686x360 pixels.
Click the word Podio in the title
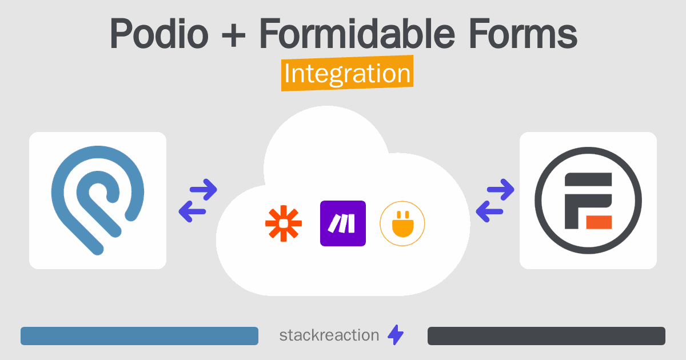coord(159,33)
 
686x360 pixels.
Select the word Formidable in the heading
coord(357,33)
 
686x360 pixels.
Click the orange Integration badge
coord(348,73)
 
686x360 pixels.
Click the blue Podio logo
coord(98,200)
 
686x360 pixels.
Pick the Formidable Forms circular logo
coord(588,201)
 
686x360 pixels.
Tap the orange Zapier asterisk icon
coord(284,223)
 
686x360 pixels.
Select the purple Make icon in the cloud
coord(343,223)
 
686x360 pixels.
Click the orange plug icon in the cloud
coord(402,223)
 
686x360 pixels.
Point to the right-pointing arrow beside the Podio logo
coord(204,190)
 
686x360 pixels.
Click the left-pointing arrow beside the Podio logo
coord(192,211)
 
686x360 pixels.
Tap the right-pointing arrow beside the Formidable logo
coord(500,190)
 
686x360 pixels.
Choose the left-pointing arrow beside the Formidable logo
coord(489,211)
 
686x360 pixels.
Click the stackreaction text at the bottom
coord(329,335)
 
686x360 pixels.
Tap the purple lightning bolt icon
coord(396,335)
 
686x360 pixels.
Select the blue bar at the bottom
coord(139,336)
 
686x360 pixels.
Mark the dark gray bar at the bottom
coord(547,336)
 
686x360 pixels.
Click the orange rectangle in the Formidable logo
coord(599,222)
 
